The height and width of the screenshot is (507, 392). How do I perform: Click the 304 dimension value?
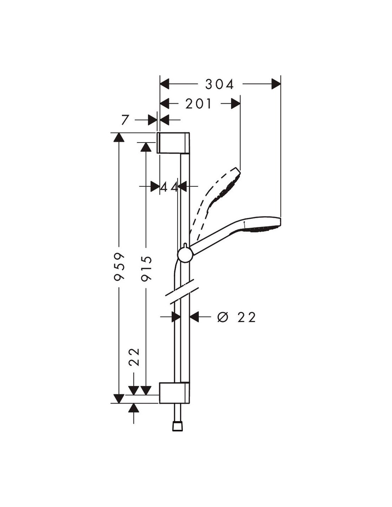[220, 85]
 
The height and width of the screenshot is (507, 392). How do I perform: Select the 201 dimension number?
[199, 104]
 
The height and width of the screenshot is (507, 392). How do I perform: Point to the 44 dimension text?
[169, 186]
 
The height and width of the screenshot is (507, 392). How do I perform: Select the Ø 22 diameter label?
[237, 317]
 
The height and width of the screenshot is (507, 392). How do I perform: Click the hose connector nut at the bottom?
[176, 426]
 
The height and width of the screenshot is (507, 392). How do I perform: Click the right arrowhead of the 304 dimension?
[276, 84]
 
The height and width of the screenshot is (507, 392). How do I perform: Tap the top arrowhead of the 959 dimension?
[119, 137]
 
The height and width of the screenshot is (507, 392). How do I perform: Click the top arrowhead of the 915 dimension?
[146, 146]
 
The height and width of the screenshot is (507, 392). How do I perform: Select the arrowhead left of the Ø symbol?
[195, 316]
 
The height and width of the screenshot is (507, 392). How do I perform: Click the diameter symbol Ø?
[223, 317]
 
